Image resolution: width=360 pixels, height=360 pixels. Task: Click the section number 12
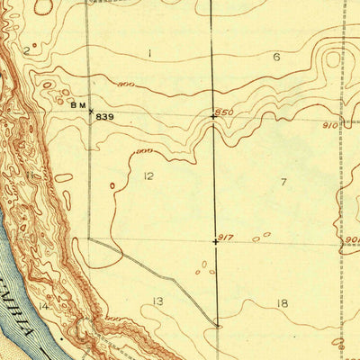[x=148, y=175]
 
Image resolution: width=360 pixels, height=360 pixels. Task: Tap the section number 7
[x=283, y=183]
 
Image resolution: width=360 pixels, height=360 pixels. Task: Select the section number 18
[x=283, y=304]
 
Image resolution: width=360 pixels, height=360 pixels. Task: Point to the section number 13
[x=157, y=301]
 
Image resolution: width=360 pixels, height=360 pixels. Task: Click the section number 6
[x=276, y=57]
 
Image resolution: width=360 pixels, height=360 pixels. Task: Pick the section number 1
[x=149, y=53]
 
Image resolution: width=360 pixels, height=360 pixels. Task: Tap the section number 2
[x=26, y=51]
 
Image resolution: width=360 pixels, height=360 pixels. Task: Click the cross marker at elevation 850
[x=213, y=116]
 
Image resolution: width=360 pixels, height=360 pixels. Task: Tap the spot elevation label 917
[x=225, y=237]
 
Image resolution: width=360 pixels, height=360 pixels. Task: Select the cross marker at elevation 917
[x=215, y=241]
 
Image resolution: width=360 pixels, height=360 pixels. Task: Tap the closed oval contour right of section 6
[x=333, y=61]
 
